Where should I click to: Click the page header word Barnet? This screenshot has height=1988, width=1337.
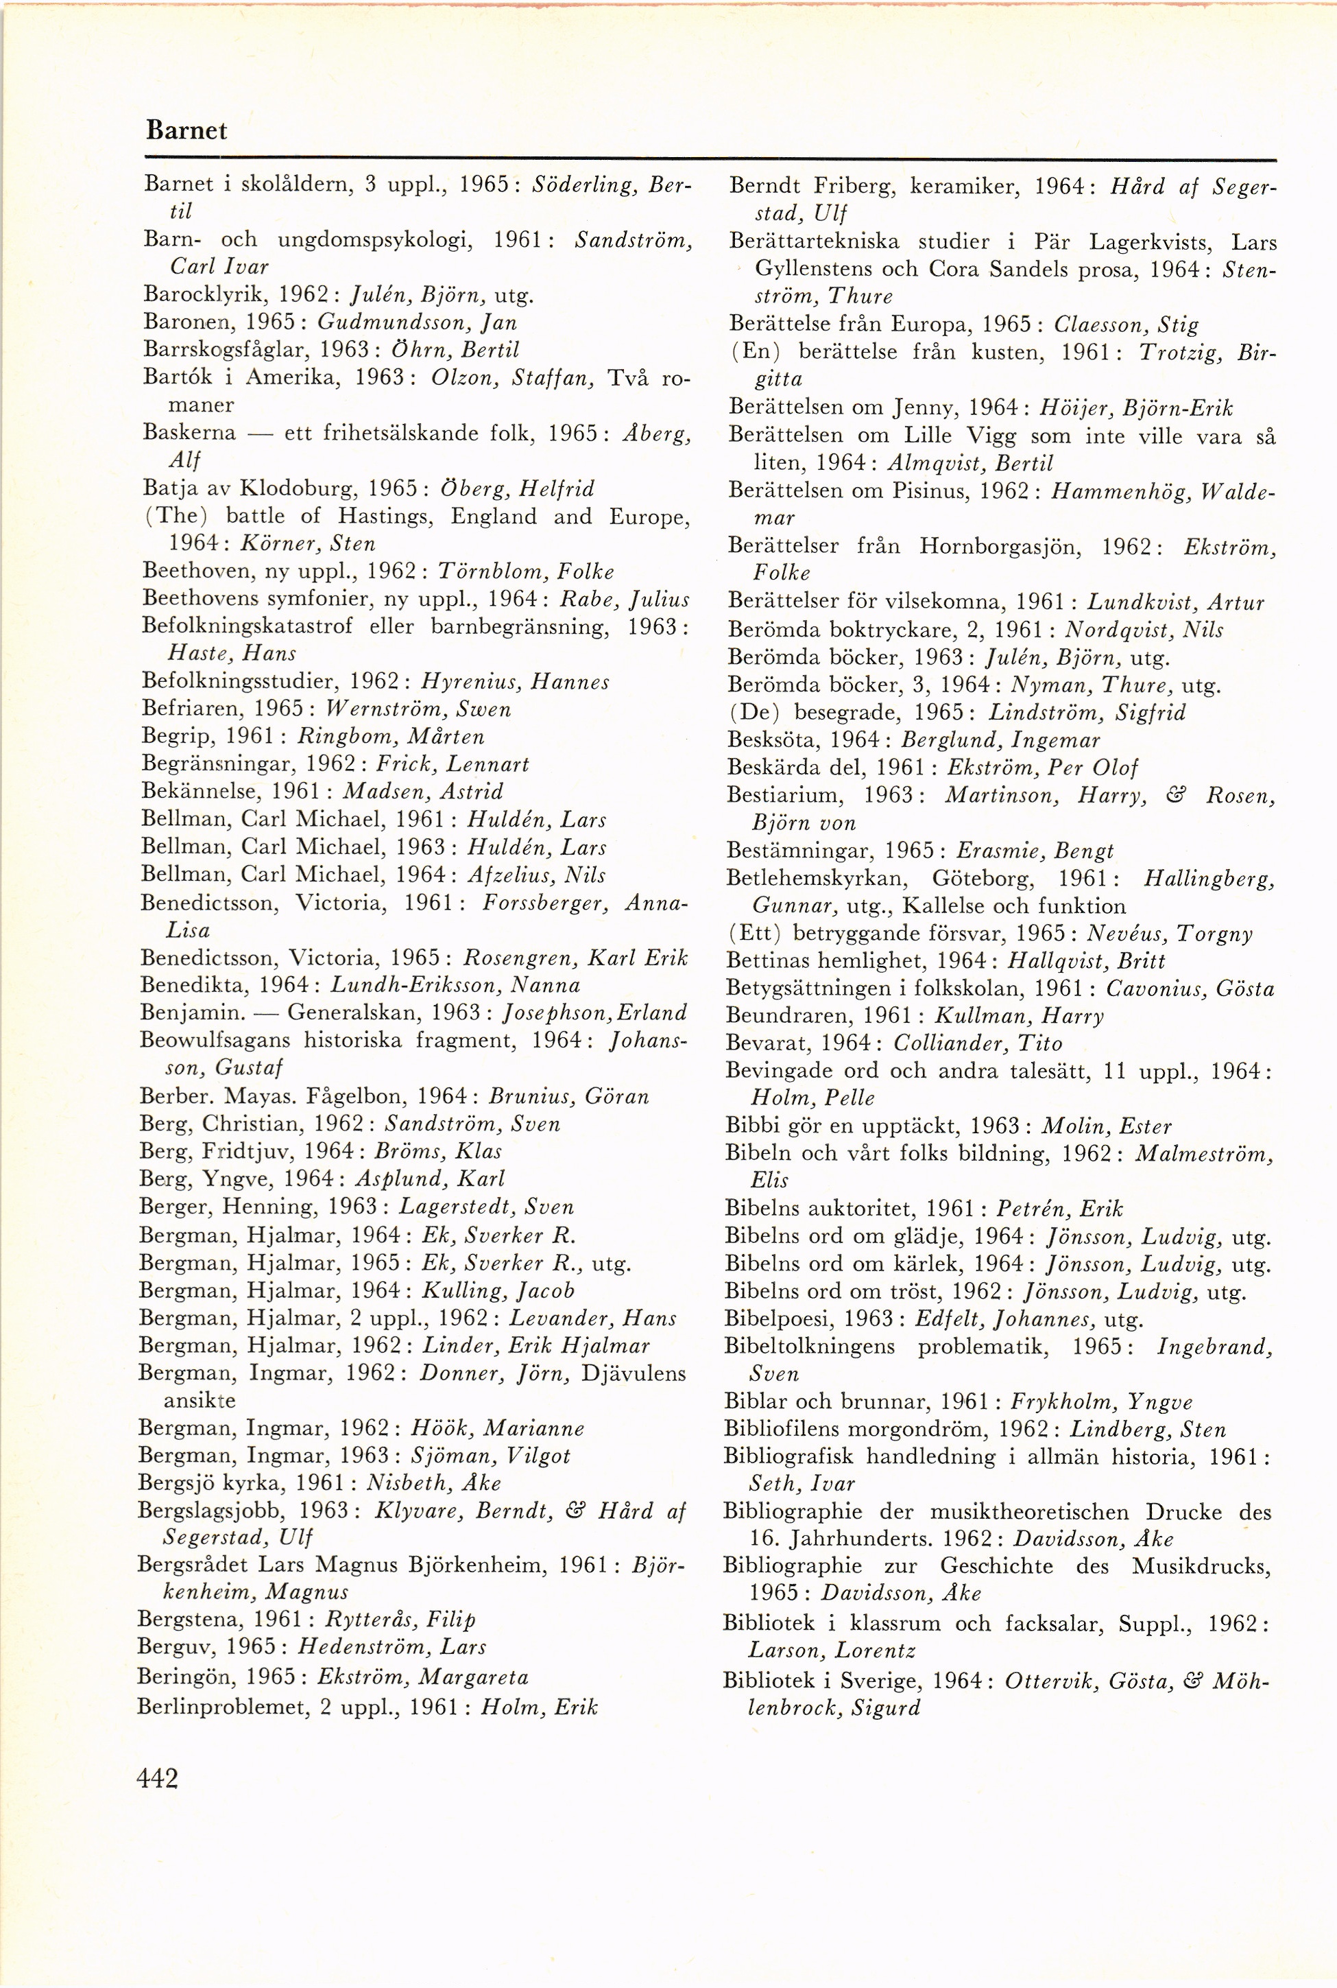(186, 130)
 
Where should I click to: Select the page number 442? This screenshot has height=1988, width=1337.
(158, 1778)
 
